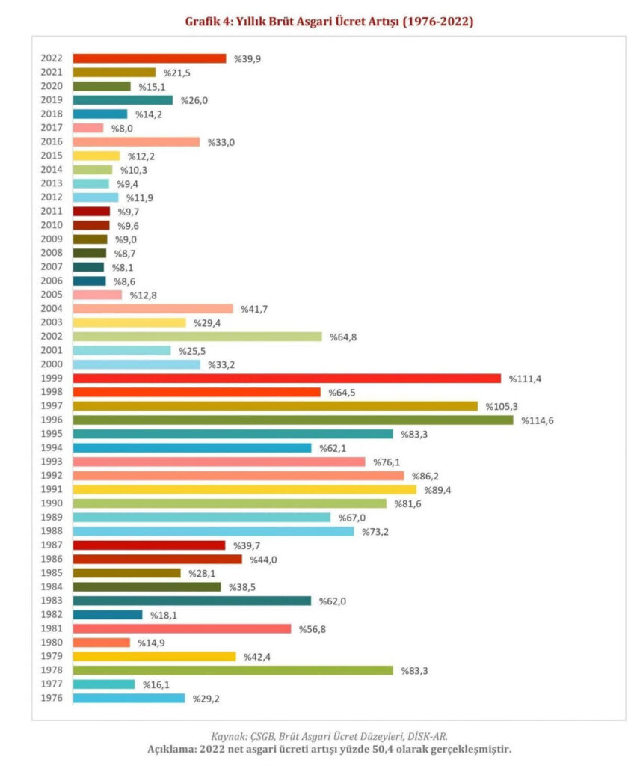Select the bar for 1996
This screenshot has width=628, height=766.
(292, 420)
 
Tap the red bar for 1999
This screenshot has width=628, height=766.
(286, 379)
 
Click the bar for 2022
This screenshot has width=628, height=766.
(149, 58)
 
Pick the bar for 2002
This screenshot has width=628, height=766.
(197, 337)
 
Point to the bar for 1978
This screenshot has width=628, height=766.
(233, 670)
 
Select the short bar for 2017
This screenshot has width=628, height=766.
(88, 128)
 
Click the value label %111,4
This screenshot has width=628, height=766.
(525, 379)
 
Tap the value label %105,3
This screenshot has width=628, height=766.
(502, 406)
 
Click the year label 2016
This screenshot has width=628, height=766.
(52, 142)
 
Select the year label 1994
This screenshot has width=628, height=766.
(52, 448)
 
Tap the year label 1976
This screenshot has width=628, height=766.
(52, 699)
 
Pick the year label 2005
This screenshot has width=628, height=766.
(52, 295)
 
